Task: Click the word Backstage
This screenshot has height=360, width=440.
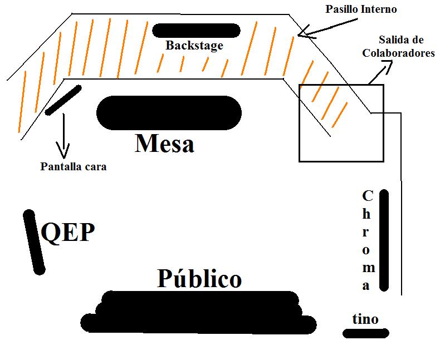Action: click(194, 46)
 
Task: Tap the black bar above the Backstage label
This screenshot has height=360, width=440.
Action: click(196, 30)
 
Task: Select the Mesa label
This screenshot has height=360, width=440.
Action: click(164, 144)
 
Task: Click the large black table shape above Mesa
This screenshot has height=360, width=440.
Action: click(169, 113)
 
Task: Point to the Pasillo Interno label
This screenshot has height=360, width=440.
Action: click(362, 9)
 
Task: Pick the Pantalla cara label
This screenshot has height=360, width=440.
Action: click(73, 166)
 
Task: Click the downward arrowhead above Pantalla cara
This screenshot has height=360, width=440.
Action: click(62, 152)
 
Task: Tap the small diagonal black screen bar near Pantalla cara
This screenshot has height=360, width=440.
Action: click(63, 100)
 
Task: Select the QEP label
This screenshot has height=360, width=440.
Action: click(68, 232)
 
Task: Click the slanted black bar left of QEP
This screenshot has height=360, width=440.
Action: click(33, 242)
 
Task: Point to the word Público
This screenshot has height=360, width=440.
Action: click(199, 278)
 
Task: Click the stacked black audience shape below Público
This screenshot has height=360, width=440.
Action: click(198, 313)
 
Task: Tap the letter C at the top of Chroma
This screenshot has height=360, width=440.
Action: click(367, 196)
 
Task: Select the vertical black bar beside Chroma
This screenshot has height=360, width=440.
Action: click(384, 240)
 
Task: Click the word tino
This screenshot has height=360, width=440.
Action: click(365, 319)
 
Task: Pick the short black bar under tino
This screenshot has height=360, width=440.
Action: click(365, 333)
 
